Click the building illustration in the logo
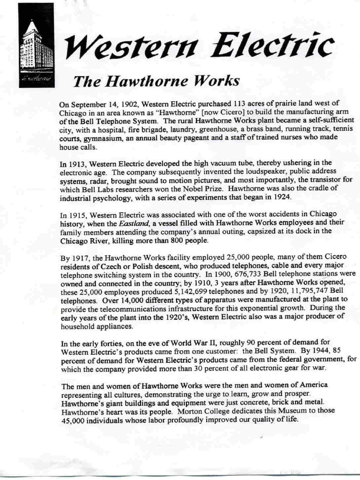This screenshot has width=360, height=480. point(36,45)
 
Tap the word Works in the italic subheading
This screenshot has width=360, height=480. point(217,81)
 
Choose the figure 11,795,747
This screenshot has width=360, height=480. point(310,291)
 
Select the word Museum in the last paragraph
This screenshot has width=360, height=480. point(278,411)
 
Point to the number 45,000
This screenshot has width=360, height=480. point(73,420)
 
